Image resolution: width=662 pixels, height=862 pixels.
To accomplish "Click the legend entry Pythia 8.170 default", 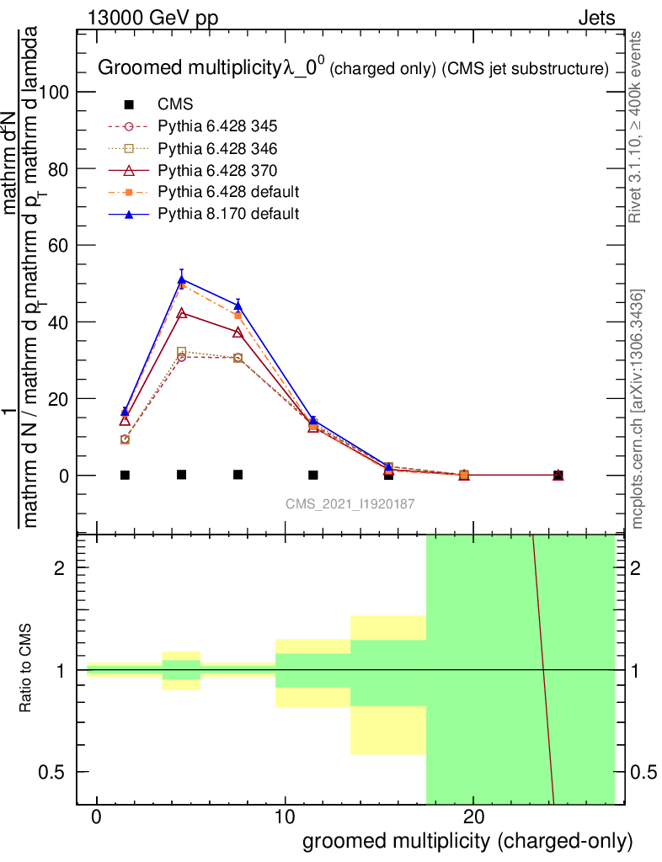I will pos(228,214).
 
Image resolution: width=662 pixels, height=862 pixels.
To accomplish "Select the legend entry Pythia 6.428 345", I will pos(218,126).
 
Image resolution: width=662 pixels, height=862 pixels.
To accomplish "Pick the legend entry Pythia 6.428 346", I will pos(218,148).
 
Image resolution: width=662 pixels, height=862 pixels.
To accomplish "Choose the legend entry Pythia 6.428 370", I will pos(218,170).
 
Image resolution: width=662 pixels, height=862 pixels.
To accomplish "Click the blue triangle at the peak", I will pos(182,279).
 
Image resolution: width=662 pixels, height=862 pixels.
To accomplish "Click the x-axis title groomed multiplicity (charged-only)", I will pos(467,842).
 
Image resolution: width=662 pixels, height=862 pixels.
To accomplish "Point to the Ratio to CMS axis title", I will pos(26,668).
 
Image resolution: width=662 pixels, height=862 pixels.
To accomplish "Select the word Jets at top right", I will pos(596,18).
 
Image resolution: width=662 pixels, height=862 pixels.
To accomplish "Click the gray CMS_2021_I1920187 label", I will pos(349,503).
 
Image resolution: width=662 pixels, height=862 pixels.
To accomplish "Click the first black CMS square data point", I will pos(125,475).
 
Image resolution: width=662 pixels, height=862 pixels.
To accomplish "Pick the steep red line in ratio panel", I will pos(543,669).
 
